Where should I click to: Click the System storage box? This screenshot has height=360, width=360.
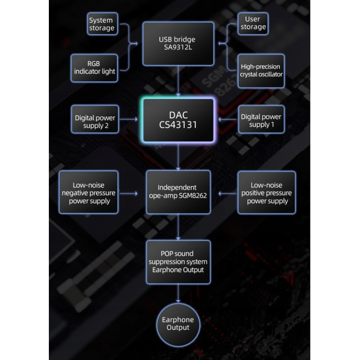coord(101,24)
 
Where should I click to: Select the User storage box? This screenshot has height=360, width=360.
coord(253,23)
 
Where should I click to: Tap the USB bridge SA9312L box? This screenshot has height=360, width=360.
coord(178,44)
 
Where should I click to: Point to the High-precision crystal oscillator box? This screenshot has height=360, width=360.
coord(261,70)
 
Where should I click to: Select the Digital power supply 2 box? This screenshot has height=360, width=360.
coord(96,121)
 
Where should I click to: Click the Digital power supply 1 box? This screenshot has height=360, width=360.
coord(261,121)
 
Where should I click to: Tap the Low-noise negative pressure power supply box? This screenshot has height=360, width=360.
coord(89,193)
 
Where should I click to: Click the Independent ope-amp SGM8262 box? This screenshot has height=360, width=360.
coord(178,192)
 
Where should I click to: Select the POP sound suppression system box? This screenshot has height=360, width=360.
coord(178,262)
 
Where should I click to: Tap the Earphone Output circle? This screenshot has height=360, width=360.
coord(178,323)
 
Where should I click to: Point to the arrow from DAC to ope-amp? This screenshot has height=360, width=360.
coord(178,156)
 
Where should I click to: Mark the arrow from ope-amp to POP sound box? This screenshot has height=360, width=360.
coord(178,227)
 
